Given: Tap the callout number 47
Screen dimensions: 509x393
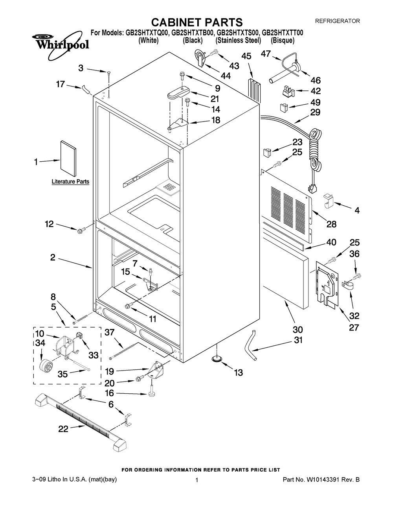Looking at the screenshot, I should pos(266,54).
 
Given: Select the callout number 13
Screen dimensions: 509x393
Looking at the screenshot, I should pos(238,372).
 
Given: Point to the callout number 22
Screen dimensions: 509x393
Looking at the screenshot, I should pos(63,429).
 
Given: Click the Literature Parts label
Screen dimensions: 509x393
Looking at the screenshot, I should pos(70,182).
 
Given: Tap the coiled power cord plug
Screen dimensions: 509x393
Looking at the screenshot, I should pos(313,188).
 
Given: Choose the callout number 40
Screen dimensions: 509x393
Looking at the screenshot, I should pos(331,242).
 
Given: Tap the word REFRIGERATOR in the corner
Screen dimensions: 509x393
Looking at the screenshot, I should pos(338,21).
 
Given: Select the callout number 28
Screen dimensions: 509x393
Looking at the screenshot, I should pos(331,224).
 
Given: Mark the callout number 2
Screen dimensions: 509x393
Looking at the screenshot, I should pos(53,258).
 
